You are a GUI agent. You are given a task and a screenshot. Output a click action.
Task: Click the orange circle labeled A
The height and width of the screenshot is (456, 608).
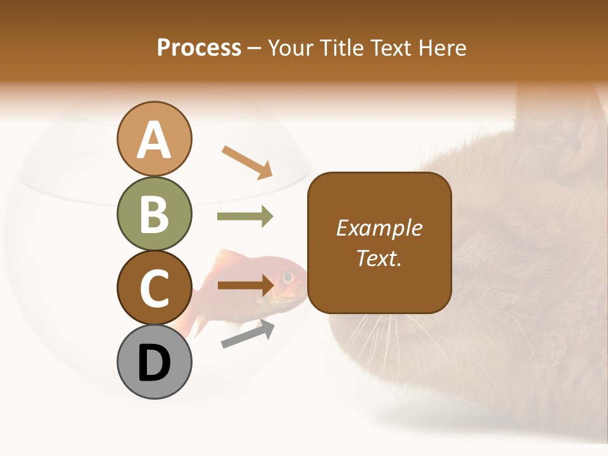(154, 139)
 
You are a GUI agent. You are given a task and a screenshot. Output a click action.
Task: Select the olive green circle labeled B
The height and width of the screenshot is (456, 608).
(154, 213)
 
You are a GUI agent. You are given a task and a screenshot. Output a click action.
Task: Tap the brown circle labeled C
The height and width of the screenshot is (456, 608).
(154, 288)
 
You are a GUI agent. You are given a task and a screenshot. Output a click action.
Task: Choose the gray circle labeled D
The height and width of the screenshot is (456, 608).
(154, 362)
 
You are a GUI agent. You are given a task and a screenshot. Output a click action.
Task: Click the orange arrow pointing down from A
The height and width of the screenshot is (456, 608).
(247, 162)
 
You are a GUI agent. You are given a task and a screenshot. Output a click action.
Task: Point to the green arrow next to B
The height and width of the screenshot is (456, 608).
(245, 217)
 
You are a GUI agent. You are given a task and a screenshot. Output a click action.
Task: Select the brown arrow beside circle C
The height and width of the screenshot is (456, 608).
(245, 285)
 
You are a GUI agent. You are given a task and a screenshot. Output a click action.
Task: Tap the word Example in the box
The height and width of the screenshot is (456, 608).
(379, 228)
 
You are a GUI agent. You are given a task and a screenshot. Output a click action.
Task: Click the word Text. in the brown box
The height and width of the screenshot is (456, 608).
(379, 258)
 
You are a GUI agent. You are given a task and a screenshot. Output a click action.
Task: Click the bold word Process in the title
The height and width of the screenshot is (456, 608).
(199, 47)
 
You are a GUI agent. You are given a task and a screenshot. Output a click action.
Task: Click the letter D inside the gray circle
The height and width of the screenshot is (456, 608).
(154, 364)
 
